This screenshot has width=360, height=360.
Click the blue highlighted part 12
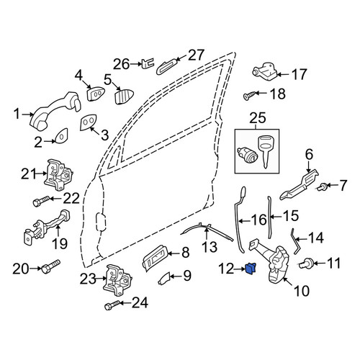(251, 268)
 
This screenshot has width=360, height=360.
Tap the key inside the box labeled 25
(266, 150)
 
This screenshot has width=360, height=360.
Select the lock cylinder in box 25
(244, 154)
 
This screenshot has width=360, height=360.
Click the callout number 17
(299, 74)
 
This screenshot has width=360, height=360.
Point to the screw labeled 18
(247, 96)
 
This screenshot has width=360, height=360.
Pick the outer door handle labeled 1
(55, 111)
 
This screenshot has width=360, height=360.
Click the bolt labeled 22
(41, 201)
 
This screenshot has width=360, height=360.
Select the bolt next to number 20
(51, 266)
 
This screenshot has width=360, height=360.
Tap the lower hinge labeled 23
(117, 281)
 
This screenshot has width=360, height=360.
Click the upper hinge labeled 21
(58, 175)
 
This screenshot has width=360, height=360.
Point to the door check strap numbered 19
(48, 227)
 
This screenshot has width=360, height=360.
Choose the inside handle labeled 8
(154, 258)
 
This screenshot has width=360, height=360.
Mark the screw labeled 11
(306, 263)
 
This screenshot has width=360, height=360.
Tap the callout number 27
(196, 55)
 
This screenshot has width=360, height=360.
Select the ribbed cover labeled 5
(124, 96)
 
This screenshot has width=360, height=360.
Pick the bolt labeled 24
(112, 305)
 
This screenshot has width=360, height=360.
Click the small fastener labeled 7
(321, 186)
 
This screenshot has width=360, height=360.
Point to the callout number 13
(210, 247)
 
